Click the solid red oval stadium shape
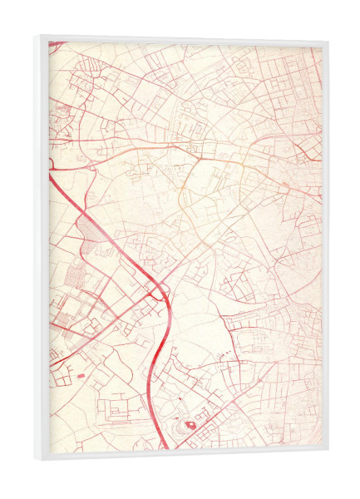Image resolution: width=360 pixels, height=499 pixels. (191, 425)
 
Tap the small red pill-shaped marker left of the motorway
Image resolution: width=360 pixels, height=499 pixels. (80, 376)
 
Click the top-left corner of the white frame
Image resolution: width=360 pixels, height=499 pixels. (39, 37)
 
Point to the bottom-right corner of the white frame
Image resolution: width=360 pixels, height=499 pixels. (327, 452)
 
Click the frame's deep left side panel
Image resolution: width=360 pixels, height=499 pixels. (43, 249)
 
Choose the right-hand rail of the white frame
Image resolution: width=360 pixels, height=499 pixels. (324, 249)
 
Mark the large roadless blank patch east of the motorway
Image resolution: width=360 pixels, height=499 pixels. (200, 333)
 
